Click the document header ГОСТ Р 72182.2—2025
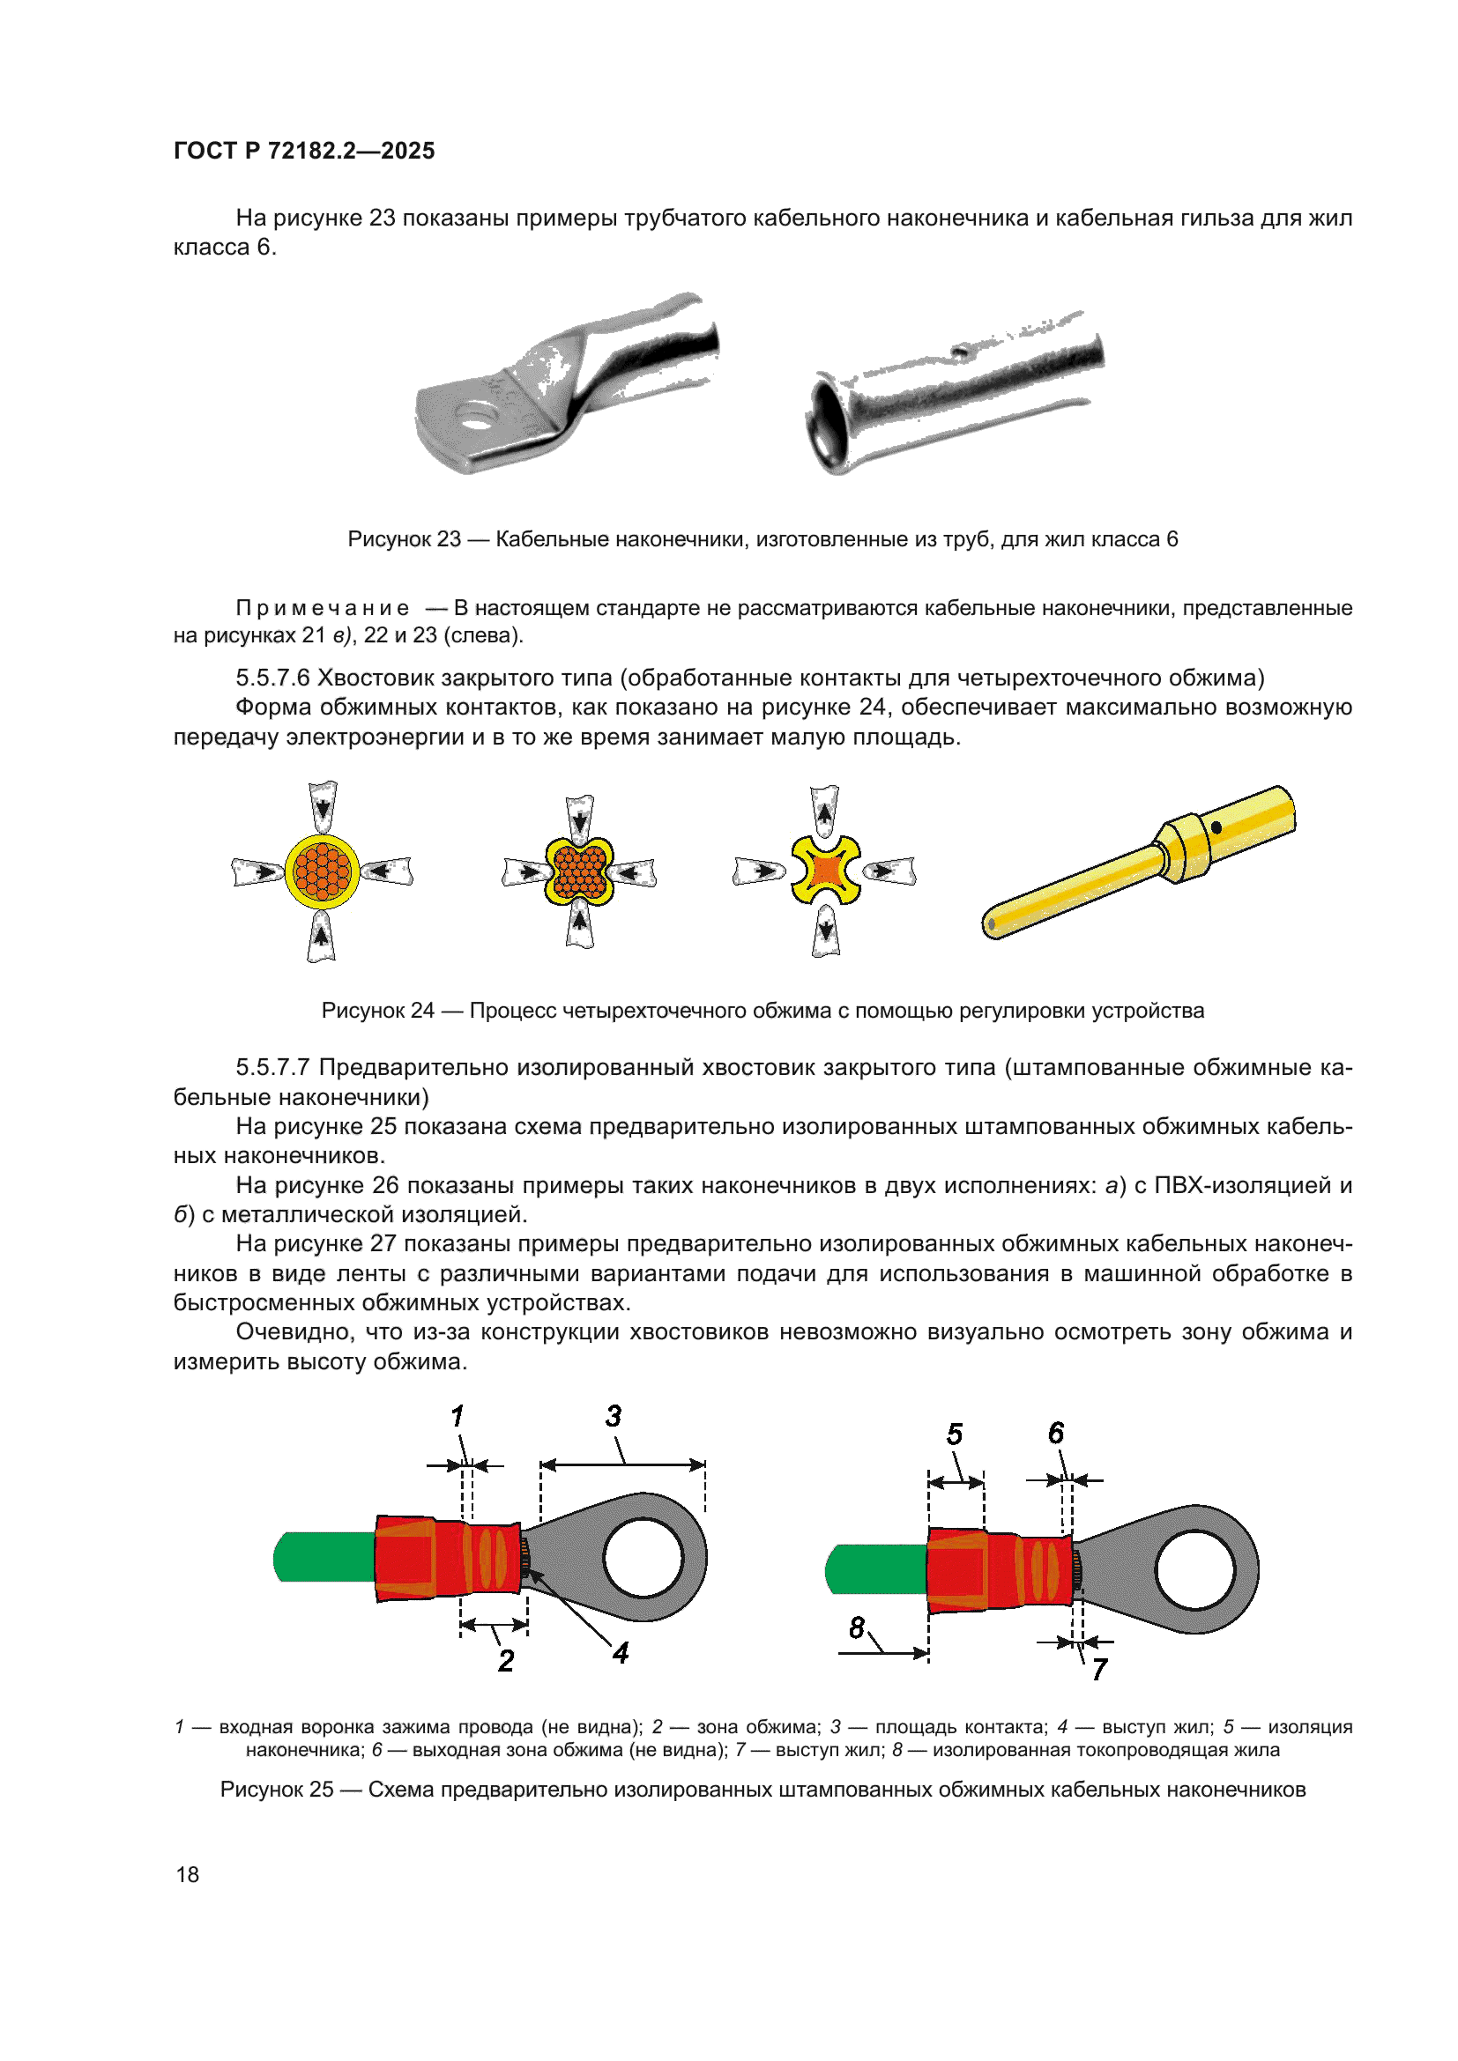(303, 151)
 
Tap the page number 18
(188, 1874)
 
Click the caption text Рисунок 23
(403, 539)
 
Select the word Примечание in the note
(323, 608)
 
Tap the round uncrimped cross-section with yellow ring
(323, 871)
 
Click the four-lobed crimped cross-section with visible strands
(579, 872)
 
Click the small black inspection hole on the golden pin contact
(1216, 827)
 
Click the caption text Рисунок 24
(377, 1011)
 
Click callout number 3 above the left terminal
(614, 1417)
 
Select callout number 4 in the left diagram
(621, 1652)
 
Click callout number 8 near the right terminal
(857, 1627)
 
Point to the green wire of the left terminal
(324, 1557)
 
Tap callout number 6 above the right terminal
(1056, 1434)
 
